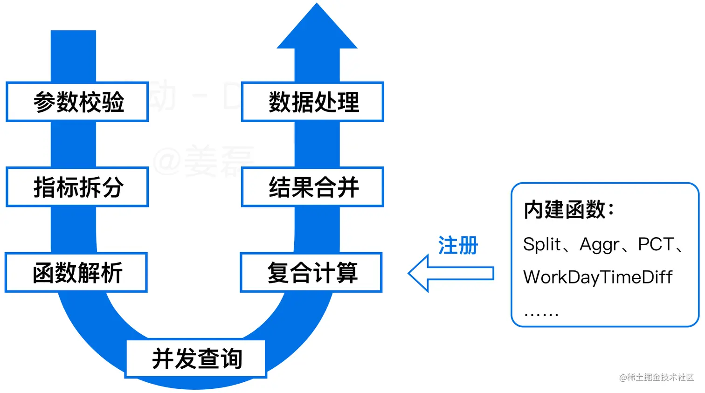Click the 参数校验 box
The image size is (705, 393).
click(x=77, y=102)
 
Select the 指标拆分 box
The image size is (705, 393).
click(x=77, y=187)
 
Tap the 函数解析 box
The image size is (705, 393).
click(x=76, y=273)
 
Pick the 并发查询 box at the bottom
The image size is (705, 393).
click(x=196, y=359)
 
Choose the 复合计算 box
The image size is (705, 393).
click(x=311, y=273)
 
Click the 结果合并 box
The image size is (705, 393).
click(x=312, y=187)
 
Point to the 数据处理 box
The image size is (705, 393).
click(x=312, y=102)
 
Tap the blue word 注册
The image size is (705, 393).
click(x=458, y=245)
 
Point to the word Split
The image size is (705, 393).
click(x=542, y=244)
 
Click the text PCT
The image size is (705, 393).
click(x=656, y=244)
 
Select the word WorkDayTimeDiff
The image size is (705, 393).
click(x=597, y=277)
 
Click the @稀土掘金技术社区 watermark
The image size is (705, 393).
click(x=657, y=377)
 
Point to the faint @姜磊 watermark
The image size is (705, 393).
click(x=203, y=161)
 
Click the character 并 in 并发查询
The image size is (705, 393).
click(x=163, y=359)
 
